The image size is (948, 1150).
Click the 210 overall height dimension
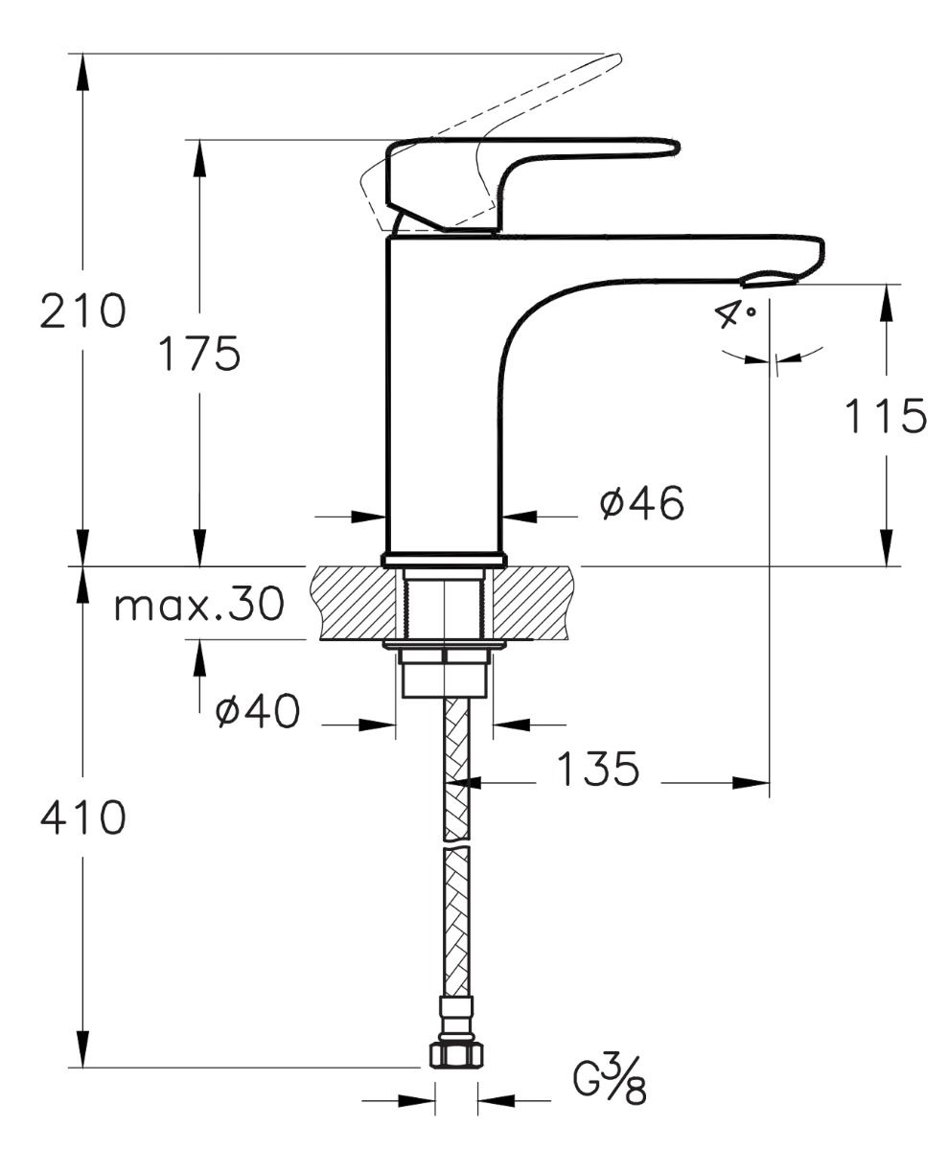coord(82,311)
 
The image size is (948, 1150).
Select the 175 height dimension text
coord(198,355)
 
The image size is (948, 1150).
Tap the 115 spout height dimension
coord(885,416)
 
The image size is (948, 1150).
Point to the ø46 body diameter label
coord(642,504)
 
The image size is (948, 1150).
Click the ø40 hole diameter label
coord(257,711)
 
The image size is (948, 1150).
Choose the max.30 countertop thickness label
coord(198,605)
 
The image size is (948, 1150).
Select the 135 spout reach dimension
coord(596,769)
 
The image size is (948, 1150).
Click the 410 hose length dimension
coord(82,817)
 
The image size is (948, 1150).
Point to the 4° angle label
coord(735,314)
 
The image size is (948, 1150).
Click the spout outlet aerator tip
coord(769,280)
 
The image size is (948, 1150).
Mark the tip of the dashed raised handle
coord(613,62)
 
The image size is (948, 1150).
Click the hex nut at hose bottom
coord(455,1054)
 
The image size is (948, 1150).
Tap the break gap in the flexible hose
coord(457,843)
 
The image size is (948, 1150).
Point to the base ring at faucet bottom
coord(443,560)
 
